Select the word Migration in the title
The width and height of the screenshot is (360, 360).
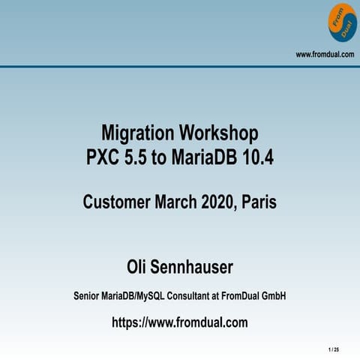tap(137, 134)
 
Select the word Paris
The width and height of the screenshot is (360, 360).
tap(262, 202)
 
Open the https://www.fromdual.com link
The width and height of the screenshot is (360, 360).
tap(180, 323)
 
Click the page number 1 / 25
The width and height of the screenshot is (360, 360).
tap(334, 349)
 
